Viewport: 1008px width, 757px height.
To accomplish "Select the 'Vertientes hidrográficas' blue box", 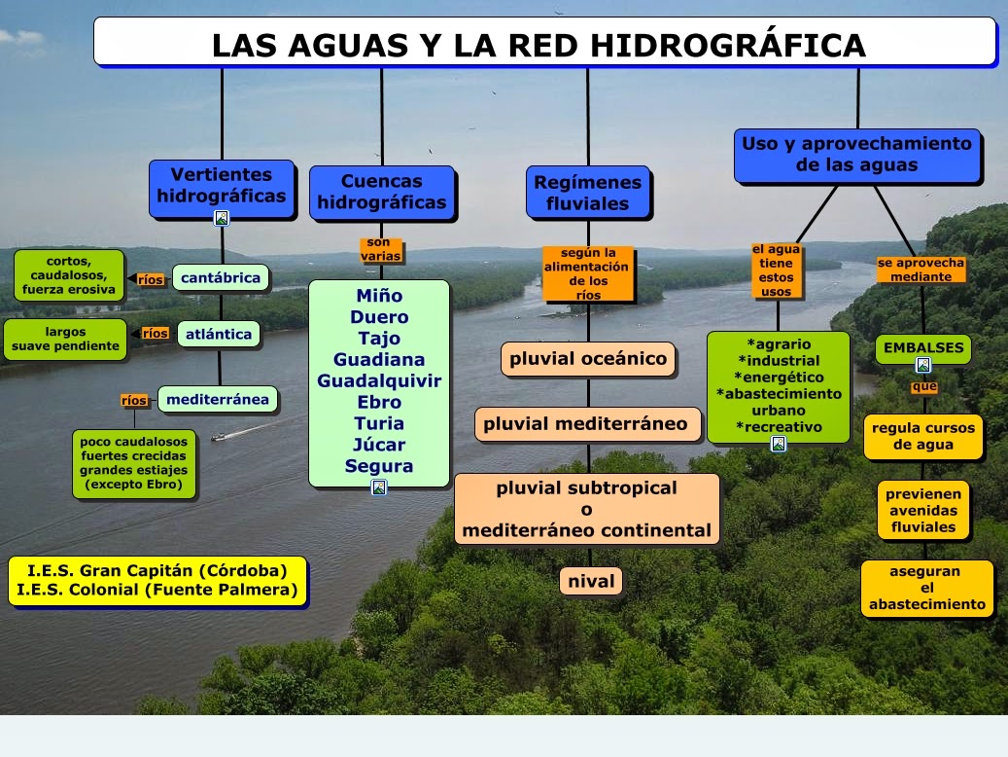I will click(x=222, y=186).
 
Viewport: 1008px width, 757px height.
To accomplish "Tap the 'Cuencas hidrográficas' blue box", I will click(x=381, y=193).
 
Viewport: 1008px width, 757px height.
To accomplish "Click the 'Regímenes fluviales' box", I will click(x=587, y=193).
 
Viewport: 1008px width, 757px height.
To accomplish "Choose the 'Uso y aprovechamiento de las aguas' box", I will click(x=856, y=156).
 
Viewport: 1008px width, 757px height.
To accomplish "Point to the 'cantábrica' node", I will click(x=221, y=278).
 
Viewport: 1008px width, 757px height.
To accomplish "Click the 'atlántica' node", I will click(x=219, y=335).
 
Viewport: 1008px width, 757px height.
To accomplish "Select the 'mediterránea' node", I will click(x=218, y=400).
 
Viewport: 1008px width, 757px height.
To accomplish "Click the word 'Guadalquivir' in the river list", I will click(x=379, y=380).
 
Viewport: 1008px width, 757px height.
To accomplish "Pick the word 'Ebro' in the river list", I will click(x=379, y=402).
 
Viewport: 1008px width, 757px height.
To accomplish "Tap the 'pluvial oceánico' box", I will click(x=588, y=359).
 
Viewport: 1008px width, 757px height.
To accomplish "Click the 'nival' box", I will click(x=591, y=582).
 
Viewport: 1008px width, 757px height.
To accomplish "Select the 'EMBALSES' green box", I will click(x=922, y=347).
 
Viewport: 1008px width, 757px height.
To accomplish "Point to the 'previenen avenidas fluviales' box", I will click(x=922, y=511).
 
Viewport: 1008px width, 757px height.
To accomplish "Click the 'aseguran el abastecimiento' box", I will click(x=926, y=588).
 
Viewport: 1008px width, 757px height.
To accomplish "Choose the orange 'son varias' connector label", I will click(x=380, y=250).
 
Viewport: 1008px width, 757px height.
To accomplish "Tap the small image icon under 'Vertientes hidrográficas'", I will click(x=222, y=218).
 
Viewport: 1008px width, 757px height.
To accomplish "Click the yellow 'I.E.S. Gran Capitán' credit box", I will click(x=157, y=581).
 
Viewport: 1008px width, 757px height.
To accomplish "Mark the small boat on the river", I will click(x=219, y=437).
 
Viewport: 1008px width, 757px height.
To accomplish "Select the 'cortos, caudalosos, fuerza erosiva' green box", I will click(x=69, y=275).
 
